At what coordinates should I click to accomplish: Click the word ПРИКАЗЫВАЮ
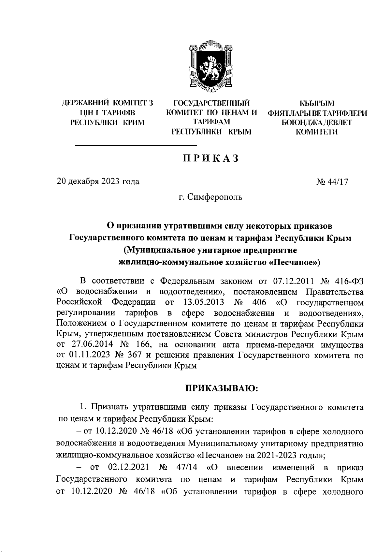(x=222, y=388)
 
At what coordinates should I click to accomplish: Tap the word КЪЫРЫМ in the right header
(x=317, y=104)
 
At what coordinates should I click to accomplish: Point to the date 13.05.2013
(x=202, y=302)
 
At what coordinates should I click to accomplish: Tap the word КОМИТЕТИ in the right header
(x=317, y=132)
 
